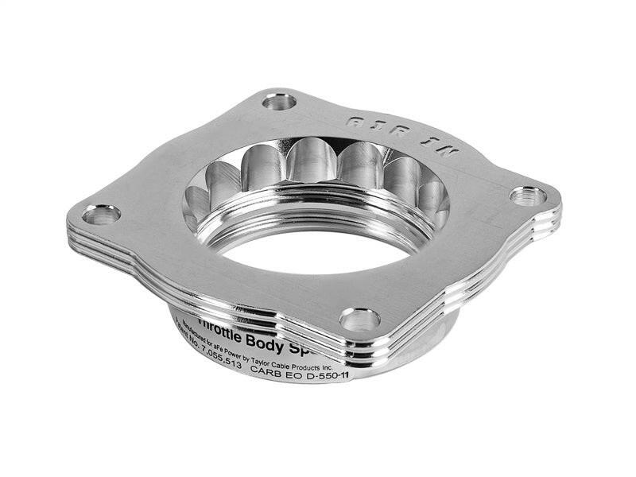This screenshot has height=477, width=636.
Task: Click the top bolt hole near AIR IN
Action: pyautogui.click(x=279, y=101)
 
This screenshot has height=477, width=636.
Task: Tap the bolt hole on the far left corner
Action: pyautogui.click(x=101, y=215)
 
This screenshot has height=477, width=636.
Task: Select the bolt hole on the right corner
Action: pyautogui.click(x=528, y=195)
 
